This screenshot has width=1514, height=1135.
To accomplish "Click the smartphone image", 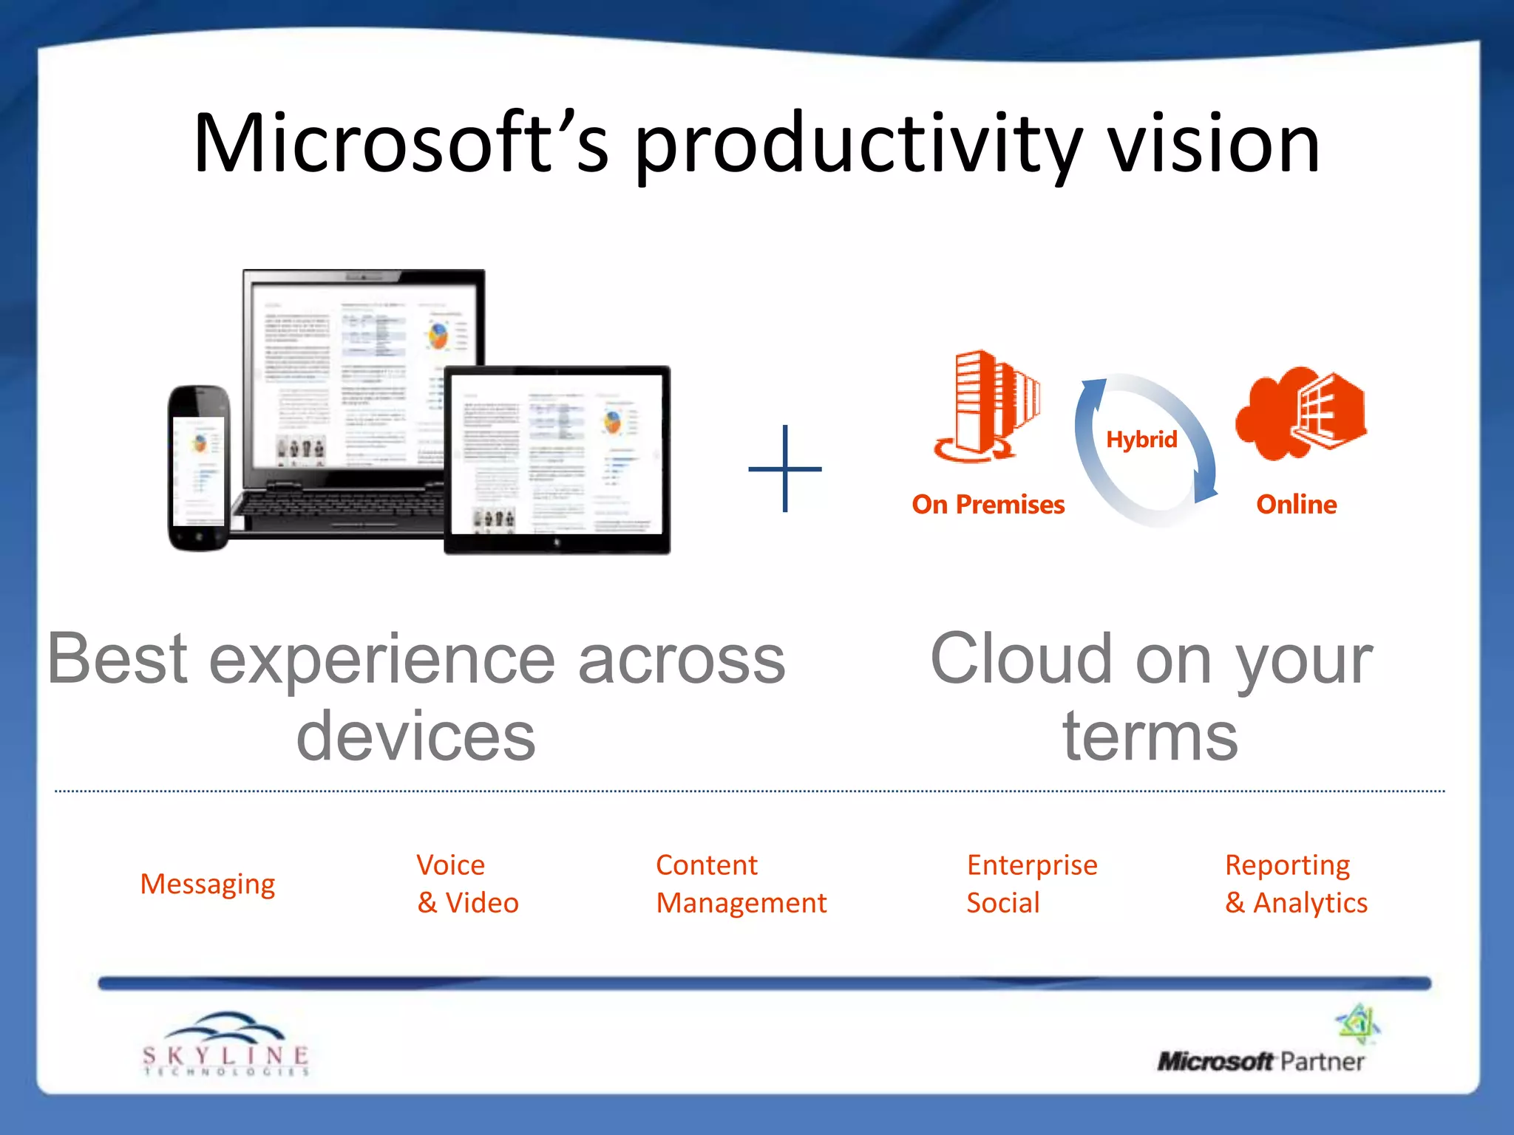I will point(199,468).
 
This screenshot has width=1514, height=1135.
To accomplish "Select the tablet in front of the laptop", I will point(557,460).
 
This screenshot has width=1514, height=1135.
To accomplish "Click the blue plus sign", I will point(784,468).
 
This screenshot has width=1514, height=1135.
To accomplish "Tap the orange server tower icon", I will point(985,406).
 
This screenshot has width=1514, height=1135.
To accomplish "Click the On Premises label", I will point(988,505).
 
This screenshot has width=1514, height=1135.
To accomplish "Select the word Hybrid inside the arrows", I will point(1141,440).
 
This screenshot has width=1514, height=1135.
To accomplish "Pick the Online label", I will point(1296,505).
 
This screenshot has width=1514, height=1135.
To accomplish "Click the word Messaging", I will point(208,884).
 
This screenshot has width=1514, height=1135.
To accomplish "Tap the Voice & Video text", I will point(467,884).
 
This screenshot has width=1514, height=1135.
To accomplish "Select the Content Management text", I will point(741,884).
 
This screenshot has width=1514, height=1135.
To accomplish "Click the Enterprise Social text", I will point(1031,884).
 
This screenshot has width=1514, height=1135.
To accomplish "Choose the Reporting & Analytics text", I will point(1295,884).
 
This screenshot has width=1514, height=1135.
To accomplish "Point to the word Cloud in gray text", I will point(1021,659).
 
